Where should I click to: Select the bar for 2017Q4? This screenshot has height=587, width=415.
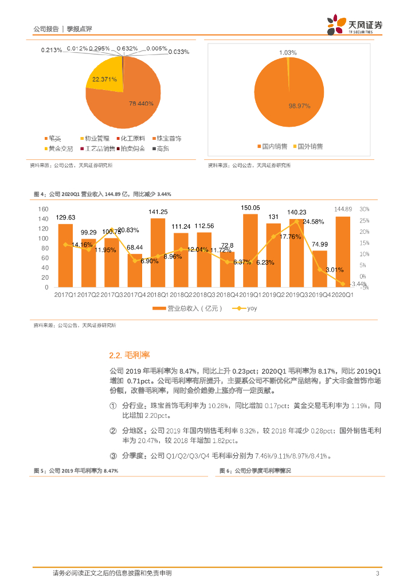(135, 270)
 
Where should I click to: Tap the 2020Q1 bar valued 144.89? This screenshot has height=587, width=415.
(343, 252)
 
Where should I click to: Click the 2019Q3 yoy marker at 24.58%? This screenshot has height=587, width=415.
(296, 221)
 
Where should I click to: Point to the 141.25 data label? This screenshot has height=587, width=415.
(158, 212)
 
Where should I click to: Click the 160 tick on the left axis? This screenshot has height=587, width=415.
(43, 209)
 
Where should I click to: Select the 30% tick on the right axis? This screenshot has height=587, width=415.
(365, 209)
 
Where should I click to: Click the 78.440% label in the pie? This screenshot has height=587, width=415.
(141, 104)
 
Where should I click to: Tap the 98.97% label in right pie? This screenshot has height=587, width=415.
(299, 107)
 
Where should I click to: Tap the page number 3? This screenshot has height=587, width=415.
(377, 573)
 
